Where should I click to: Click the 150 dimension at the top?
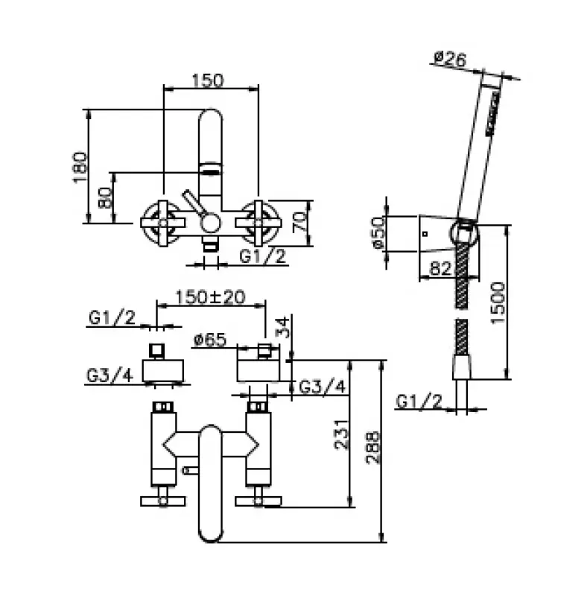pyautogui.click(x=208, y=80)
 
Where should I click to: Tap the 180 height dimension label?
pyautogui.click(x=80, y=167)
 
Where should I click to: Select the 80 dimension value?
pyautogui.click(x=105, y=197)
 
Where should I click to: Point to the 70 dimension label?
pyautogui.click(x=299, y=222)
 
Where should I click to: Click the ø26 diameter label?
pyautogui.click(x=450, y=59)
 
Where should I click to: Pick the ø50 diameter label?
pyautogui.click(x=378, y=232)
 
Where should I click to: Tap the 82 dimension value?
pyautogui.click(x=440, y=268)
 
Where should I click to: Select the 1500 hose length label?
pyautogui.click(x=498, y=303)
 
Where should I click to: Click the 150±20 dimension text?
pyautogui.click(x=210, y=297)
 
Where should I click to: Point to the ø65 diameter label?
pyautogui.click(x=210, y=340)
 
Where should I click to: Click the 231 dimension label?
pyautogui.click(x=341, y=434)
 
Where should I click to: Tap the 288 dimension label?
pyautogui.click(x=373, y=447)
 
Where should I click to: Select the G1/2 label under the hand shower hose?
pyautogui.click(x=419, y=401)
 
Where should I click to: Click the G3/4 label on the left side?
pyautogui.click(x=110, y=375)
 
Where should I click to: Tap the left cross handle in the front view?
pyautogui.click(x=163, y=223)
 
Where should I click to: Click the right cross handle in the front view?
pyautogui.click(x=258, y=223)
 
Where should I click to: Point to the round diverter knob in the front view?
pyautogui.click(x=210, y=223)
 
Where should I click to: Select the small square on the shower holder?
pyautogui.click(x=425, y=234)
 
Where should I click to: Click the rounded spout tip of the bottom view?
pyautogui.click(x=210, y=532)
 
